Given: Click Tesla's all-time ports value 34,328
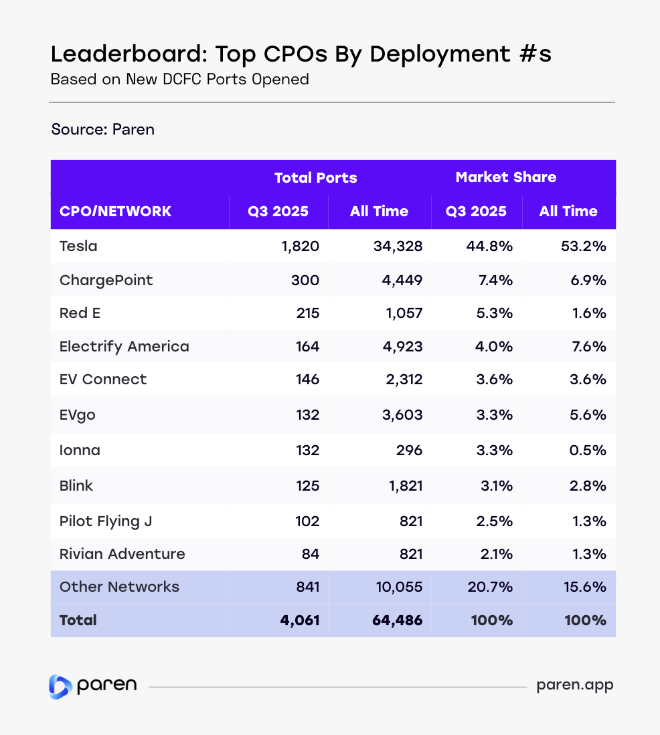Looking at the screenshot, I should pos(398,246).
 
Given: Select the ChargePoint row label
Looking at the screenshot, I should pos(106,280).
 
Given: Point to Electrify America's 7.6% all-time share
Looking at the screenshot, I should pos(589,347).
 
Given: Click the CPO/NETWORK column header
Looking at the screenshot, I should pos(115,212).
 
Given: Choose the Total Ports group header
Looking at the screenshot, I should pos(315,178).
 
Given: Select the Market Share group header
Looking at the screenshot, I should pos(505,177).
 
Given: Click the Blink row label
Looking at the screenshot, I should pos(76,485).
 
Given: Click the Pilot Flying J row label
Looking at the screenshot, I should pos(106,521).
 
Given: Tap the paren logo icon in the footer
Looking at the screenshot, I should pos(60,686).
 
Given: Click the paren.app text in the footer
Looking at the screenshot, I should pos(575,685).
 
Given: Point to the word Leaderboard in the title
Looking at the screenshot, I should pos(115,54).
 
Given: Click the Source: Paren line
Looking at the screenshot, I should pos(102,129).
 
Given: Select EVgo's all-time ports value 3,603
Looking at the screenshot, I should pos(402,415).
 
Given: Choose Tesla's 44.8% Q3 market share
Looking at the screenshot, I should pos(489,246).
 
